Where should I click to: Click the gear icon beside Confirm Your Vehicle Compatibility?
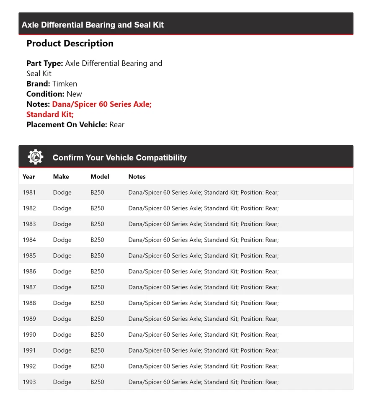click(36, 157)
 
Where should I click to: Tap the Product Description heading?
click(70, 44)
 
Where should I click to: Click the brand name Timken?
click(65, 84)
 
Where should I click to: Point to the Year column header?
click(29, 177)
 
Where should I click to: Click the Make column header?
click(61, 177)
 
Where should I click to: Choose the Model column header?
click(100, 177)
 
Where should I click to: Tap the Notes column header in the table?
click(137, 177)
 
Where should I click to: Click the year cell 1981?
click(29, 193)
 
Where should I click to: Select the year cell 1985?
click(29, 256)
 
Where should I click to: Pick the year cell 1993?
click(29, 382)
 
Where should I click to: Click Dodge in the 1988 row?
click(62, 303)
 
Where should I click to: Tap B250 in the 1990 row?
click(97, 335)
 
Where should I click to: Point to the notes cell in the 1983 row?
click(203, 224)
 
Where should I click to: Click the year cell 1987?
click(29, 287)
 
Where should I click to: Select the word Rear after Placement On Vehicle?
click(117, 124)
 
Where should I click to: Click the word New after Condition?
click(74, 94)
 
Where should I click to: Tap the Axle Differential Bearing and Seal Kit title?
click(93, 25)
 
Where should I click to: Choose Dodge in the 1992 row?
click(62, 366)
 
